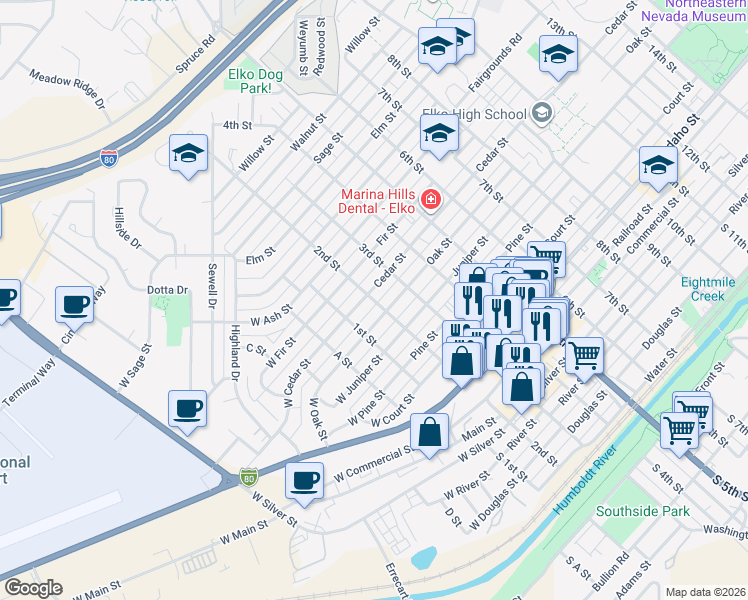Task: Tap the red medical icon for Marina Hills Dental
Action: pos(431,201)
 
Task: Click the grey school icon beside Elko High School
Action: pos(542,113)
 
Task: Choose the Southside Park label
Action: pos(642,511)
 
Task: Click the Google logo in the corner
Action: pos(33,587)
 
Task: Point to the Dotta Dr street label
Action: pos(168,290)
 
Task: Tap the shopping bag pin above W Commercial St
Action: pos(429,433)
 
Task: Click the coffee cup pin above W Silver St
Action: pos(304,480)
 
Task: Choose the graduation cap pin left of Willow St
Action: pos(188,153)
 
